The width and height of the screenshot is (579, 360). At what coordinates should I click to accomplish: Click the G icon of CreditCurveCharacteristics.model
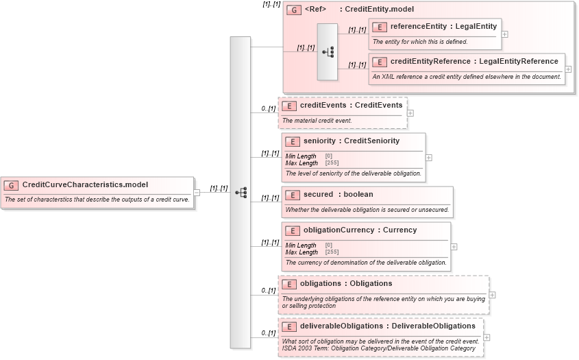[11, 185]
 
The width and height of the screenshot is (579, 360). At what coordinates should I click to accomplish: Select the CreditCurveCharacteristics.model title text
[85, 184]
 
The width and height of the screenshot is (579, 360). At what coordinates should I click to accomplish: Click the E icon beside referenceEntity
[378, 27]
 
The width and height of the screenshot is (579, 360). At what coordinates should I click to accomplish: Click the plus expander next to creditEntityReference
[568, 69]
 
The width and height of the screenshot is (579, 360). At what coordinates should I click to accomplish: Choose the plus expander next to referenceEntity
[504, 33]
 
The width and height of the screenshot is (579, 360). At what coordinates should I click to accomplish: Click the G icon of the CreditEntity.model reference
[294, 10]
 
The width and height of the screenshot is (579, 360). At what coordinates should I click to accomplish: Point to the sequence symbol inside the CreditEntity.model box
[328, 52]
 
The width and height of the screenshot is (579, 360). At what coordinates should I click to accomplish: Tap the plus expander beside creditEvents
[410, 113]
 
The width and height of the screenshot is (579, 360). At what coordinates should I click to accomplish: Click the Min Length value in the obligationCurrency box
[329, 245]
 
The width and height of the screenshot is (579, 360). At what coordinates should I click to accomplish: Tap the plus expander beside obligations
[492, 295]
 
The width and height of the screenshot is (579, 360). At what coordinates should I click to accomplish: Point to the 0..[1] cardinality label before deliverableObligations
[268, 333]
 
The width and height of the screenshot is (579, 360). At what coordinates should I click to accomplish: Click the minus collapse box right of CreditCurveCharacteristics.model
[197, 193]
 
